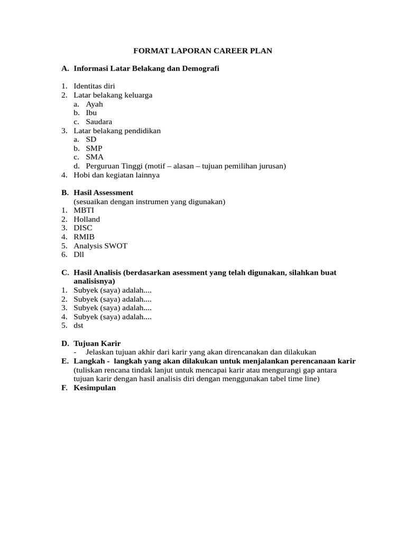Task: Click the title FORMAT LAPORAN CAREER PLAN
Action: click(x=202, y=51)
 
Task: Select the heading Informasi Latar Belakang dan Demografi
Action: click(x=146, y=68)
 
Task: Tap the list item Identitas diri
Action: click(x=94, y=86)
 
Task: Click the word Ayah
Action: click(x=95, y=104)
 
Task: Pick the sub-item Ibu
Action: click(x=91, y=113)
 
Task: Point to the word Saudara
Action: click(x=99, y=122)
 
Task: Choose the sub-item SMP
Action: click(x=94, y=148)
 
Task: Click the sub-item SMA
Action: click(x=95, y=157)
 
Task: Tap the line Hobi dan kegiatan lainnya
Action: click(x=116, y=175)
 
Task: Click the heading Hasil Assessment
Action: click(x=104, y=193)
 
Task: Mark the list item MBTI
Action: click(x=84, y=210)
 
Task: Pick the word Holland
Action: click(x=87, y=219)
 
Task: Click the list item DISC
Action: click(x=83, y=228)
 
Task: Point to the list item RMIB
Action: click(x=84, y=237)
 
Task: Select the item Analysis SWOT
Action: click(x=100, y=246)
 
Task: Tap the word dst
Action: click(x=79, y=325)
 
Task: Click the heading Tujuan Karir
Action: click(x=97, y=343)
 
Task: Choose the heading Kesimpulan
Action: click(x=95, y=388)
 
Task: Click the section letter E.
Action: click(x=64, y=361)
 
